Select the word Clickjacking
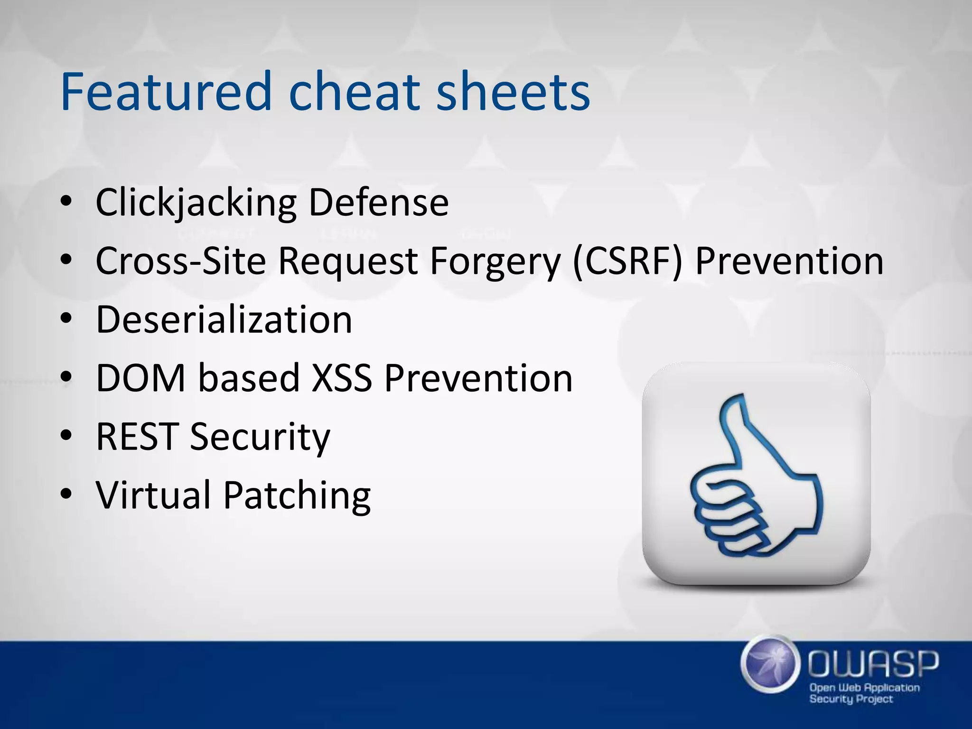pos(196,203)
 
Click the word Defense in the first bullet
pos(378,203)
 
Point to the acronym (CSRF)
pos(627,261)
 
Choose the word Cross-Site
pos(180,261)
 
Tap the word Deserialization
pos(224,319)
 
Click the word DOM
pos(140,378)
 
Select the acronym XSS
pos(341,378)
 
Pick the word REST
pos(137,437)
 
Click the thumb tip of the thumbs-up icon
pos(733,401)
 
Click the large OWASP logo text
pos(873,664)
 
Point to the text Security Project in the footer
pos(850,699)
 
